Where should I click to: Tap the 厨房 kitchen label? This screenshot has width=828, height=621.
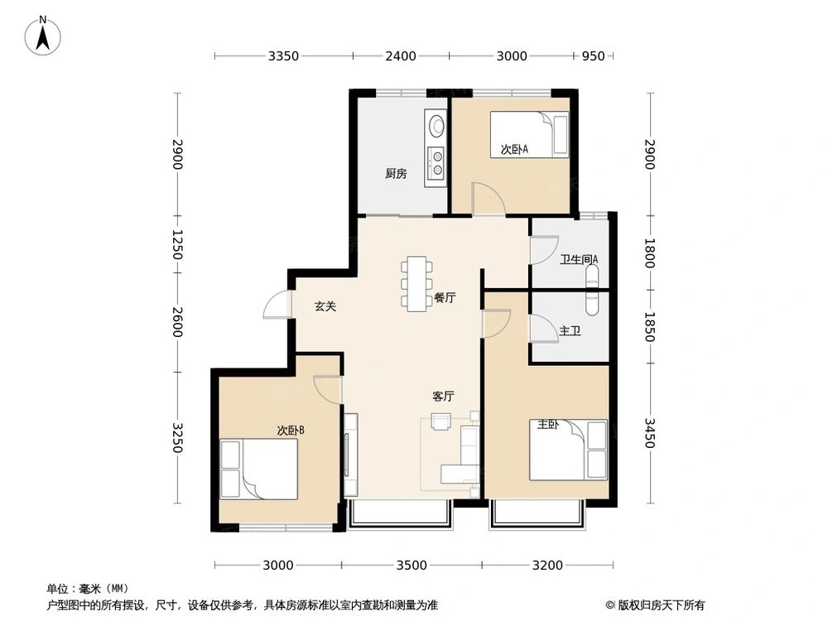pos(396,174)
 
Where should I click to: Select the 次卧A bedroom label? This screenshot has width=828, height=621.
pos(514,150)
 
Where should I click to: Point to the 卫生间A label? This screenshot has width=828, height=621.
pos(579,259)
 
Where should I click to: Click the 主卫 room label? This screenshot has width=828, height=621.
pos(570,331)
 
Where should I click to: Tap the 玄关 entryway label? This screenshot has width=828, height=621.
pos(325,306)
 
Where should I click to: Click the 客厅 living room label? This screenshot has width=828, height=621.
pos(444,396)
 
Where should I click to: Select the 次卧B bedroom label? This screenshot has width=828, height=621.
pos(291,430)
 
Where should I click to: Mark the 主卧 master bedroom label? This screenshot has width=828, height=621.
pos(548,425)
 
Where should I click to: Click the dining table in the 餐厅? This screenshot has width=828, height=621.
pos(416,284)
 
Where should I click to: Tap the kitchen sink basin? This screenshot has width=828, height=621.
pos(436,126)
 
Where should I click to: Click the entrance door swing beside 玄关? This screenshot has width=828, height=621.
pos(277,306)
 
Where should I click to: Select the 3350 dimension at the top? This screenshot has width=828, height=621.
pos(283,56)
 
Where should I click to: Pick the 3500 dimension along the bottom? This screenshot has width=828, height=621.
pos(412,566)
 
